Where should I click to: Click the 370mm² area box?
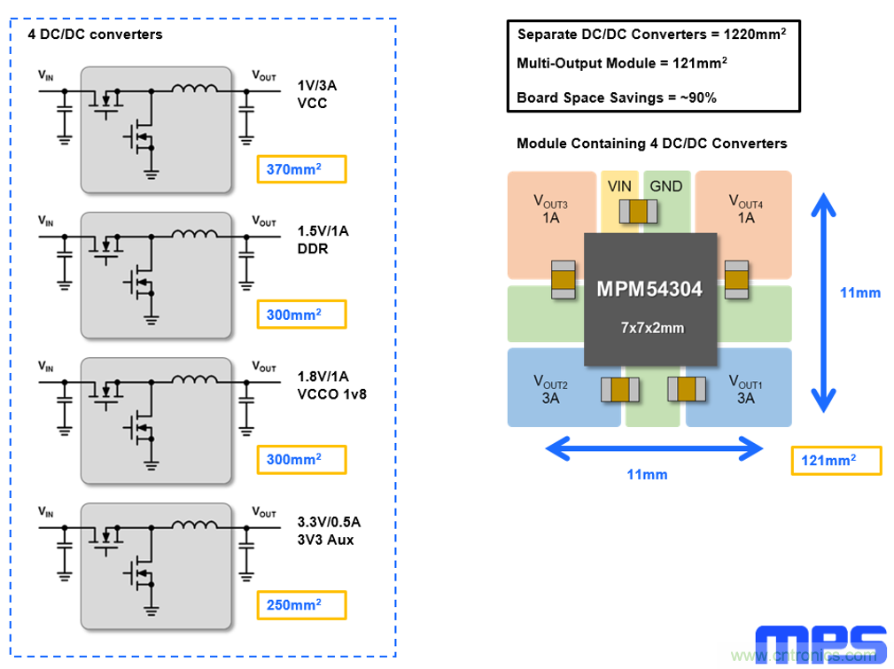point(300,169)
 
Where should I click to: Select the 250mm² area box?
point(300,605)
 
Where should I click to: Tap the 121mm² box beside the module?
point(836,461)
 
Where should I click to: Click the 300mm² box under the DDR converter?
point(300,315)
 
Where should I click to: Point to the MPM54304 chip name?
point(649,290)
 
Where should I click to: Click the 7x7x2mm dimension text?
point(652,328)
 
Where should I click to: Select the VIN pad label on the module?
point(620,186)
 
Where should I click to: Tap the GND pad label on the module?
point(666,186)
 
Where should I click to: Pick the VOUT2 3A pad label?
point(550,390)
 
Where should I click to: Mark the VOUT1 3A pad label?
point(746,390)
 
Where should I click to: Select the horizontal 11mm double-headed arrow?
point(654,450)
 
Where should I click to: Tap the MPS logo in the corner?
point(820,644)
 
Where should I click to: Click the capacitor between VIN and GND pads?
point(638,211)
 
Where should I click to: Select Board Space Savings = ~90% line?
point(617,97)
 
